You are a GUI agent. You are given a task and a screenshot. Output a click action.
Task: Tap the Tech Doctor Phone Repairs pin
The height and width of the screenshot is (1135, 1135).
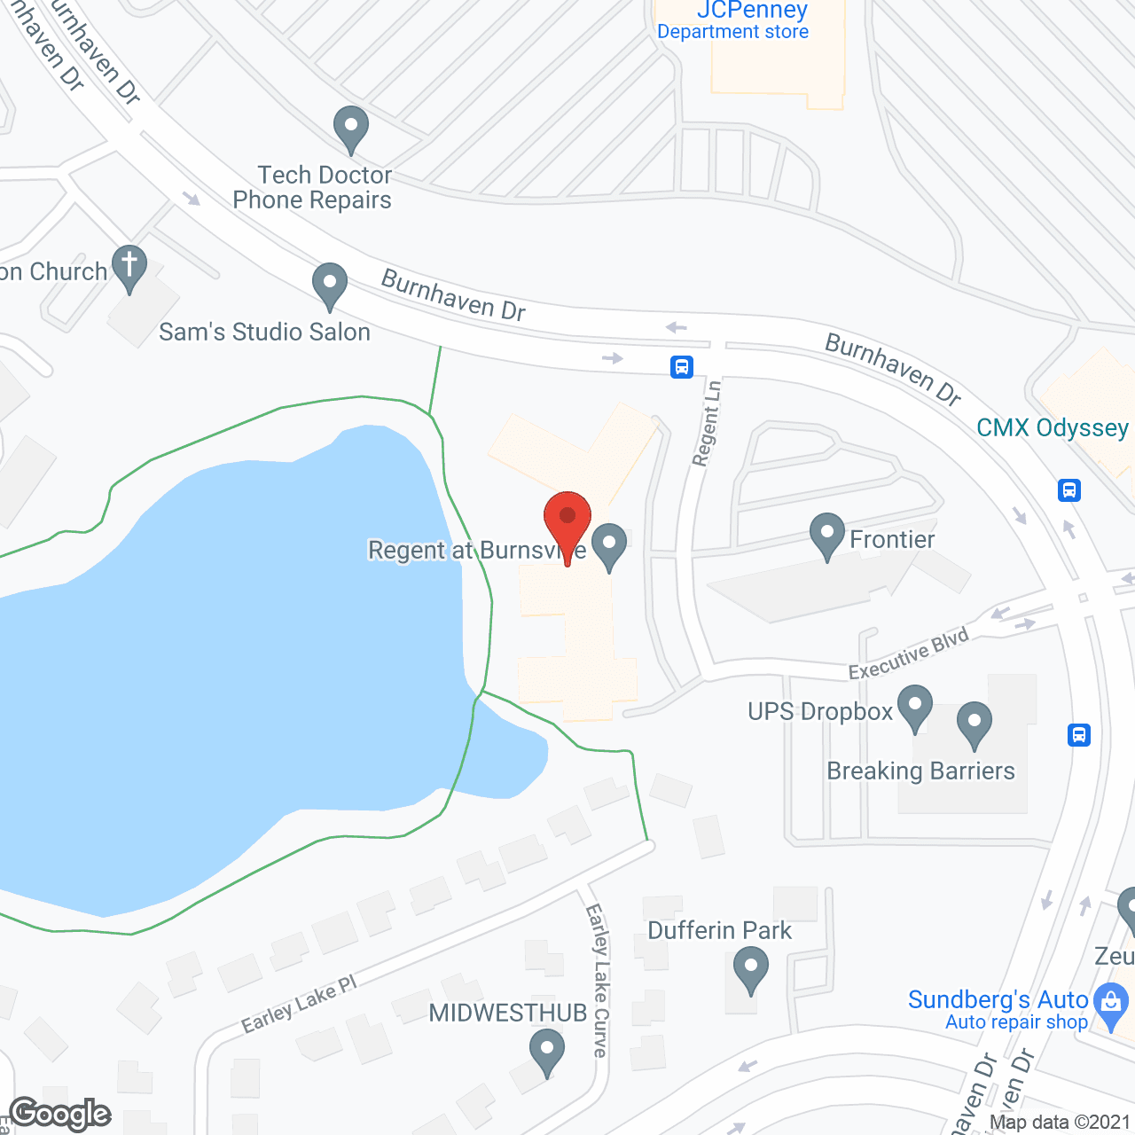click(x=351, y=128)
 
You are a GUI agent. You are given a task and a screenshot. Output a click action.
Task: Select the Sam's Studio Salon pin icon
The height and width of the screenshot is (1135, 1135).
click(x=330, y=285)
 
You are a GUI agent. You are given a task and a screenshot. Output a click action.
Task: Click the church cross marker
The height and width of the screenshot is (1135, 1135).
click(x=129, y=266)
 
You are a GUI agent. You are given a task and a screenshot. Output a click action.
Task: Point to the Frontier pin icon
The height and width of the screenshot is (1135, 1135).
click(x=827, y=535)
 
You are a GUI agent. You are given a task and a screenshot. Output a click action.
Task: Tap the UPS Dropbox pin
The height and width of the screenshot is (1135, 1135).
click(x=915, y=707)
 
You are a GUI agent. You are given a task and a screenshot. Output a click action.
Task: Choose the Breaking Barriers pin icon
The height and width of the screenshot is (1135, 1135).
click(x=974, y=724)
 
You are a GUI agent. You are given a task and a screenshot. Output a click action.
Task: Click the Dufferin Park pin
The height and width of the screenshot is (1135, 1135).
click(x=751, y=968)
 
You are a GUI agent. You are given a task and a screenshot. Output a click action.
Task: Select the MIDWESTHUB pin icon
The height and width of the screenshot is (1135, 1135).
click(x=547, y=1051)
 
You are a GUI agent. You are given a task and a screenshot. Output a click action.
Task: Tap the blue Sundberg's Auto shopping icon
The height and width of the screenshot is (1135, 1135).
click(x=1110, y=1005)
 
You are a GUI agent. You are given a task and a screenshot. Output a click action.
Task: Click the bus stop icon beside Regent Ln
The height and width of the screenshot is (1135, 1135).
click(x=681, y=366)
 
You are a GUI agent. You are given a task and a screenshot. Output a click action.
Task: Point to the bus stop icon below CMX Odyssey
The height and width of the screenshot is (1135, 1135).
click(x=1069, y=490)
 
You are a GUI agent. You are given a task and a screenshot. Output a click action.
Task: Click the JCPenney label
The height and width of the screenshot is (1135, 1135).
click(x=752, y=11)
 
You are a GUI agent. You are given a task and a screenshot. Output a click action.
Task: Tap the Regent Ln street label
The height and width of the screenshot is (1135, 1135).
click(x=707, y=423)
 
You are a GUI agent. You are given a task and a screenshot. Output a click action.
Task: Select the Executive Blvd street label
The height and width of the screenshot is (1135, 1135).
click(x=908, y=654)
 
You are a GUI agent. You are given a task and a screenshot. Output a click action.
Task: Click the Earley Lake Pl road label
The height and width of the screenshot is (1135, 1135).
click(x=299, y=1004)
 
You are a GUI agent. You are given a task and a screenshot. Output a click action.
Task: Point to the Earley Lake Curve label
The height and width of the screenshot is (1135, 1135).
click(x=598, y=980)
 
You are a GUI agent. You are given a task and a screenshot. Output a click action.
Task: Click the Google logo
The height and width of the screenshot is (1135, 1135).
click(x=60, y=1114)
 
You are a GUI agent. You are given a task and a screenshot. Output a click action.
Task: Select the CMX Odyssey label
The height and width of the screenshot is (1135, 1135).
click(x=1052, y=428)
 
